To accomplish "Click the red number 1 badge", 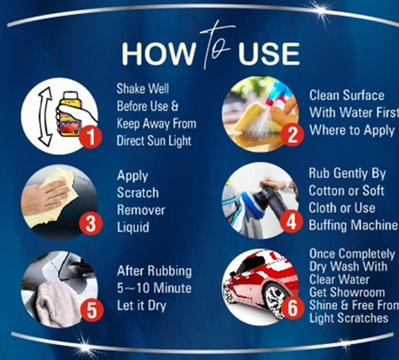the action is click(91, 137).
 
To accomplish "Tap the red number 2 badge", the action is click(292, 135).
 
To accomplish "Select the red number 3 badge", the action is click(91, 224).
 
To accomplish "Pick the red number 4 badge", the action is click(291, 222).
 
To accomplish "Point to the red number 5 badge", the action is click(91, 310).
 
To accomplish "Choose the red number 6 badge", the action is click(293, 308).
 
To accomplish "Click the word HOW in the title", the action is click(158, 53).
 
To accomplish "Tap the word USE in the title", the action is click(268, 53).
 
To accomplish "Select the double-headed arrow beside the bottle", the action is click(46, 116).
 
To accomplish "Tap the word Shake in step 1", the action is click(131, 89).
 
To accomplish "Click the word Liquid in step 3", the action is click(133, 227).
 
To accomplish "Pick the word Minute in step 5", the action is click(172, 288).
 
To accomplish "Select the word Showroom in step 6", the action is click(347, 293).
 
